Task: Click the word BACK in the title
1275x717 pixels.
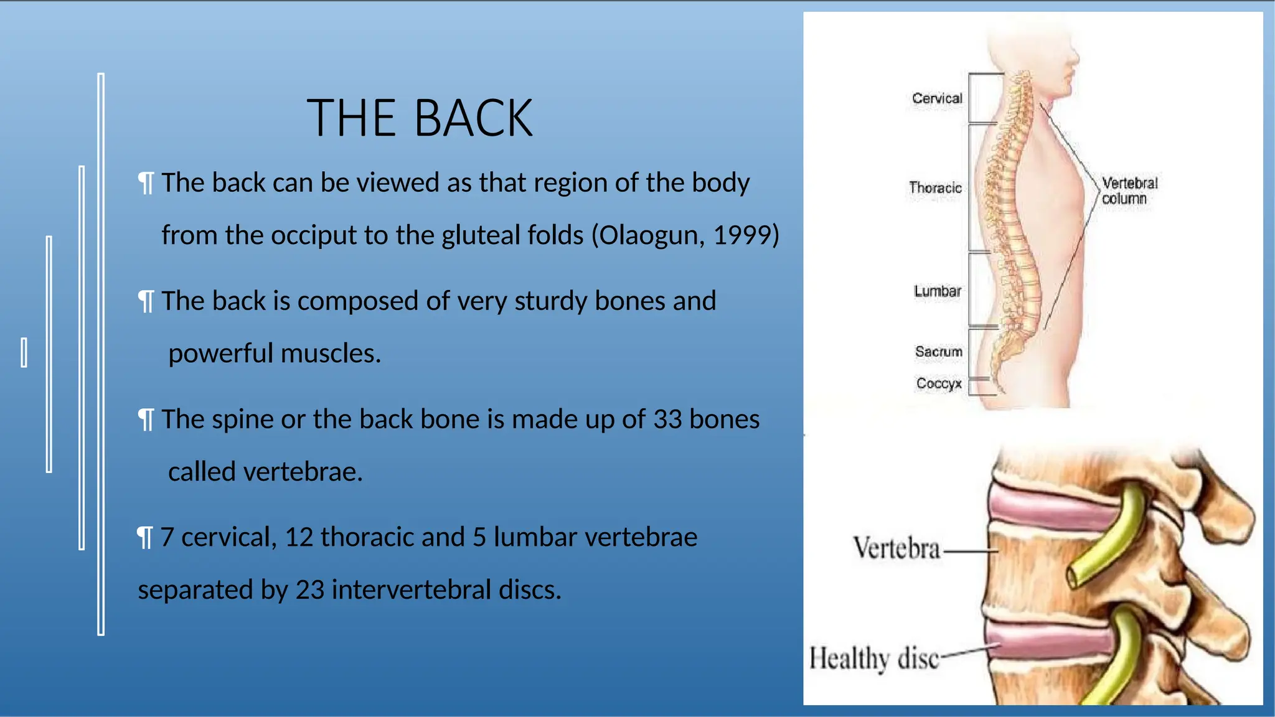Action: pos(473,118)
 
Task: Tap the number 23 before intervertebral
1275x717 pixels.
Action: pos(310,590)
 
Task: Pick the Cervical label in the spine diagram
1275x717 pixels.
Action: pos(936,98)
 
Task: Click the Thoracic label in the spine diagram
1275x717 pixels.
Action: pos(934,188)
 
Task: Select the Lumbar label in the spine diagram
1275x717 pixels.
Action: pos(937,291)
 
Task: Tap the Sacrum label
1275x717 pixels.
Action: pos(938,352)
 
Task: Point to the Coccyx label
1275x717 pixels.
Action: pos(938,383)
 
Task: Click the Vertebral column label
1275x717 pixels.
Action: pos(1129,191)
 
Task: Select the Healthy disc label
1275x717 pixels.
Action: pos(873,658)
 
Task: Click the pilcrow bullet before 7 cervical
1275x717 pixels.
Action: pos(144,538)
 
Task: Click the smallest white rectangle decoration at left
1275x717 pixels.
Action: pos(24,352)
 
